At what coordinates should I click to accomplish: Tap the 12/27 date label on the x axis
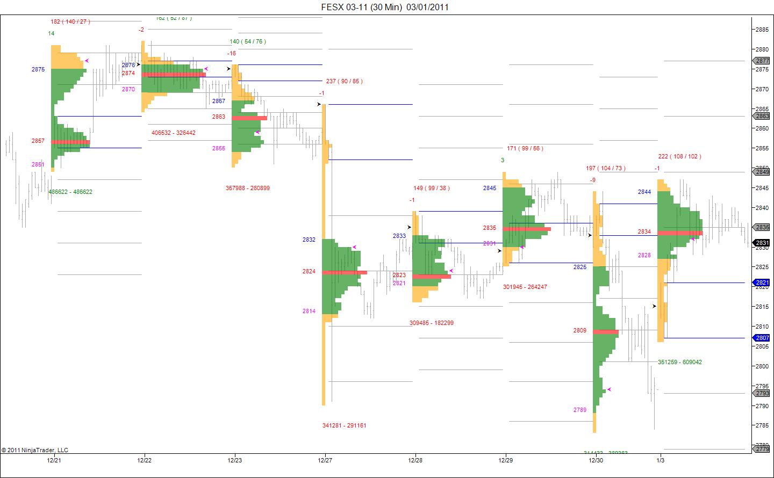click(325, 460)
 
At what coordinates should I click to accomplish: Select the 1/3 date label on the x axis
click(660, 460)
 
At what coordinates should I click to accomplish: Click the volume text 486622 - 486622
click(70, 192)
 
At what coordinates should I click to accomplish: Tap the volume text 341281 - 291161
click(345, 425)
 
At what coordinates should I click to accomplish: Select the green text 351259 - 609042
click(680, 362)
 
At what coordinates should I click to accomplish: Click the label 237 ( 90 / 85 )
click(344, 81)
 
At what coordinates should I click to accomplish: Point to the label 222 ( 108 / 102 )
click(679, 156)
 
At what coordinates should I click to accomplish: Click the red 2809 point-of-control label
click(579, 330)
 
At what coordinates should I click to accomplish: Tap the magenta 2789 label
click(579, 410)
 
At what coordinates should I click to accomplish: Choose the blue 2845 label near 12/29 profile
click(490, 188)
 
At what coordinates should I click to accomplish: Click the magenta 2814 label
click(309, 311)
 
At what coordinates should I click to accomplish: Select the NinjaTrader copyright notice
click(35, 450)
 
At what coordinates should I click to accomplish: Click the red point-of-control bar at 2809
click(606, 332)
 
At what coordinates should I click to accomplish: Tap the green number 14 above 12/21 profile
click(51, 33)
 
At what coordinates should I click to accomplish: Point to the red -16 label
click(232, 53)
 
